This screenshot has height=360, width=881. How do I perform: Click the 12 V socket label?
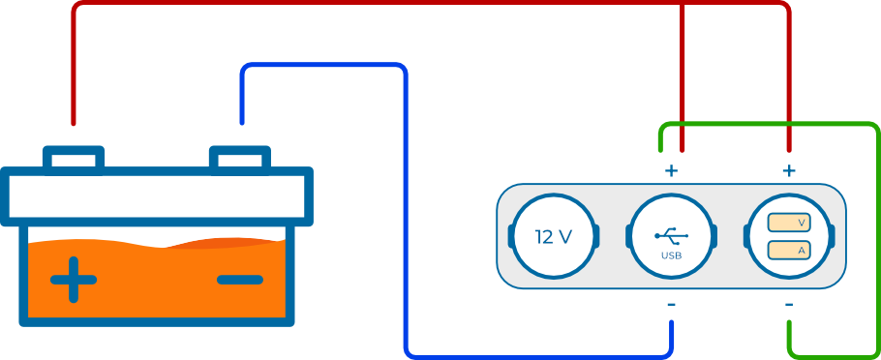[x=554, y=237]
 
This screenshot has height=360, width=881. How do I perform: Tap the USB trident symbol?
[x=672, y=236]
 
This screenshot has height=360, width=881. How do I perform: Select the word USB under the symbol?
[x=672, y=256]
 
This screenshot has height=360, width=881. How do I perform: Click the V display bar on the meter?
[x=788, y=223]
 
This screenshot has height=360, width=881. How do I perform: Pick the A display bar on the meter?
[x=788, y=250]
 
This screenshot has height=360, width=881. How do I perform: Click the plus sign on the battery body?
[x=73, y=279]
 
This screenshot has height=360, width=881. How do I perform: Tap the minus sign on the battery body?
[x=240, y=280]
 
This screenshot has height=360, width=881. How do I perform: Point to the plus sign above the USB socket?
[x=672, y=170]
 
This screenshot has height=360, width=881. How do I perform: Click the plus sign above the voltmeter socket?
[x=789, y=170]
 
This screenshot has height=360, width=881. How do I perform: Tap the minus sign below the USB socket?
[x=672, y=305]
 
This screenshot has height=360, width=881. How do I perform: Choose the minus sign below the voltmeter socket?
[x=789, y=305]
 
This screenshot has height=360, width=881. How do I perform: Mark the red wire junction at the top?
[x=683, y=4]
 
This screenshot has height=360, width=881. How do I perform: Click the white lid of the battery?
[x=156, y=196]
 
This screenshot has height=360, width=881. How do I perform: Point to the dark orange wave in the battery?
[x=225, y=243]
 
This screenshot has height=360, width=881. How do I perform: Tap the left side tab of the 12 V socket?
[x=511, y=236]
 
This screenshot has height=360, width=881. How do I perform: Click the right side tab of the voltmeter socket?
[x=833, y=236]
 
